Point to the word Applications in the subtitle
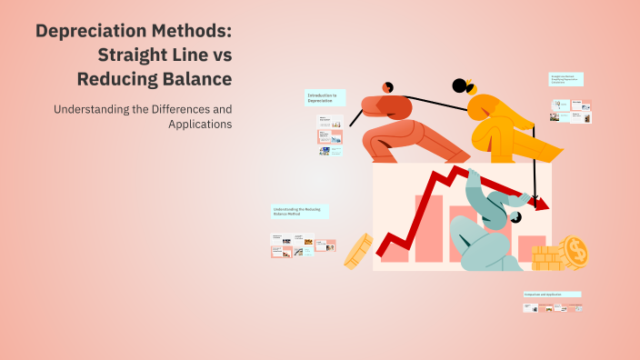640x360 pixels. click(200, 124)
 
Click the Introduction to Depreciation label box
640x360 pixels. click(325, 98)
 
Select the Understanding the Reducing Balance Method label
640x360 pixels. click(299, 211)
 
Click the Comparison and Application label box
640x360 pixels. click(551, 295)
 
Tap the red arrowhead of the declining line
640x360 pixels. click(542, 205)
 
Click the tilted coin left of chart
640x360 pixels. click(357, 250)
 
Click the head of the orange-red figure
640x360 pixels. click(387, 87)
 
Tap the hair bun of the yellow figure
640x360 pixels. click(459, 86)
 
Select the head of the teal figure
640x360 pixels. click(515, 217)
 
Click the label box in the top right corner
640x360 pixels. click(566, 79)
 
